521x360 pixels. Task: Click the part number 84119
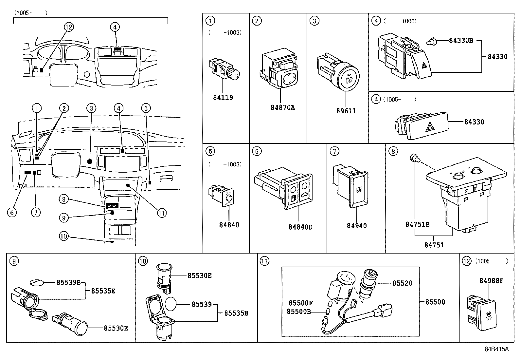[x=223, y=97]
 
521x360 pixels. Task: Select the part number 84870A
[x=283, y=107]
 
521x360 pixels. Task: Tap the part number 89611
[x=346, y=111]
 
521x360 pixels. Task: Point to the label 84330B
[x=461, y=41]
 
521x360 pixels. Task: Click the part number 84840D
[x=300, y=227]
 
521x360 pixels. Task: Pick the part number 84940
[x=357, y=226]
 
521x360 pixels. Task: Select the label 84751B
[x=417, y=224]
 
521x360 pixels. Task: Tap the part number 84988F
[x=491, y=281]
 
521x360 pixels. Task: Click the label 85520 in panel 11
[x=402, y=283]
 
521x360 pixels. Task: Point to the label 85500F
[x=301, y=303]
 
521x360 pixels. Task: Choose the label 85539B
[x=68, y=282]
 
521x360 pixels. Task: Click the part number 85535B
[x=236, y=313]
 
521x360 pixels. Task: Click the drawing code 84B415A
[x=497, y=349]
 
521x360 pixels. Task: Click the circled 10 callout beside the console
[x=64, y=236]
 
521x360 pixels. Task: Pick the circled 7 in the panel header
[x=334, y=151]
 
